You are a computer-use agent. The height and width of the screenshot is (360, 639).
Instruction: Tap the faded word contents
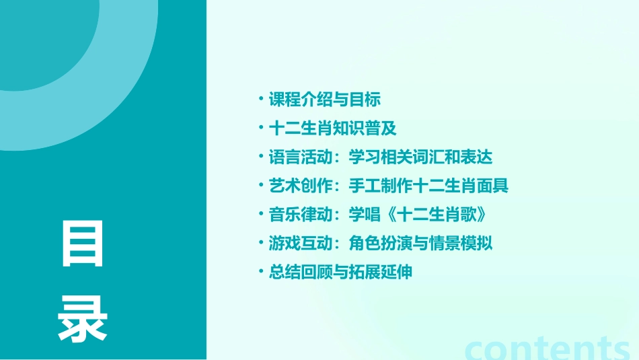coord(548,349)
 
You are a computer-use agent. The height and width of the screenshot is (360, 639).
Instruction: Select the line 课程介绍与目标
coord(325,100)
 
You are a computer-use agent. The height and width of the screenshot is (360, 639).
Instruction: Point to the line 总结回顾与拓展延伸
coord(340,273)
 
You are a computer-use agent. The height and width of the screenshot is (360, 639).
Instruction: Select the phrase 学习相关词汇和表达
coord(420,157)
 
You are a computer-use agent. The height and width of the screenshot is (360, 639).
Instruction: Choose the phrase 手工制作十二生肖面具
coord(428,186)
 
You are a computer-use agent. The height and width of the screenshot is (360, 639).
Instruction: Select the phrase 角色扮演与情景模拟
coord(420,244)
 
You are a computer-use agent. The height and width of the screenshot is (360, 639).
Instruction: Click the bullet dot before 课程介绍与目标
coord(260,100)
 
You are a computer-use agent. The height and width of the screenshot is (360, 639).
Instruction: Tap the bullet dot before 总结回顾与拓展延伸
coord(260,273)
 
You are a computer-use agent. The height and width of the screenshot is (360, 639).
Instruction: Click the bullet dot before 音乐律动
coord(260,215)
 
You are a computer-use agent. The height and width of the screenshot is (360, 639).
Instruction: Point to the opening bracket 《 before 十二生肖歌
coord(389,215)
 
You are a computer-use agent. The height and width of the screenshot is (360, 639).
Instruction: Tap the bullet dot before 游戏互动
coord(260,244)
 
